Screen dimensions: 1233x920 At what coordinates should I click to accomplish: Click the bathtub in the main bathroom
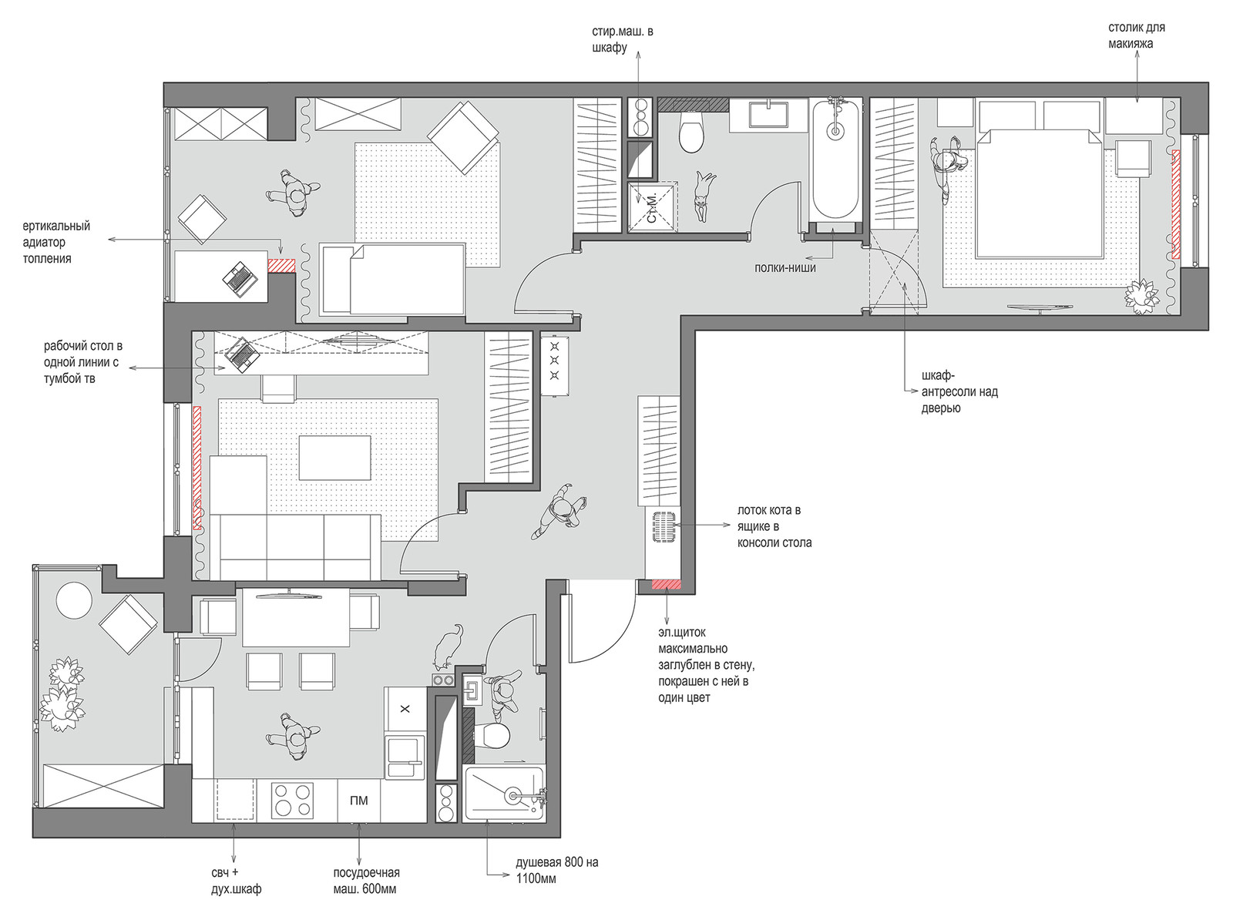835,159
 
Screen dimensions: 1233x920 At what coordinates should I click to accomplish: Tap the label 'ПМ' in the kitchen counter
359,801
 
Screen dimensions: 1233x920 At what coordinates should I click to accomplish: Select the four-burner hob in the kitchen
292,801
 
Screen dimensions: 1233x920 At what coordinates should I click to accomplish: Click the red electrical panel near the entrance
667,585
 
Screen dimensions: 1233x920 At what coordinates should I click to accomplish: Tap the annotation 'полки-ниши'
784,268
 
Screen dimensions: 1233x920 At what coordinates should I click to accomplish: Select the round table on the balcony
74,600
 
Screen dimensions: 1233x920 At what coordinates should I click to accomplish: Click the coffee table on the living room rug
334,458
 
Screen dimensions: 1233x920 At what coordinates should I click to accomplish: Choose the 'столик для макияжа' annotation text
1136,35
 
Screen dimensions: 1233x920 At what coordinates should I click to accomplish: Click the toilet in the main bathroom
690,132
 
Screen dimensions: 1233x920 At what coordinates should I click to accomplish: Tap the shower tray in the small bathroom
504,794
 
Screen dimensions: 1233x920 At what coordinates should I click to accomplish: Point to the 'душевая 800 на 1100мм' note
556,870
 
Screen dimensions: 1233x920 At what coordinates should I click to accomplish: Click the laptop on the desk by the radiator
240,279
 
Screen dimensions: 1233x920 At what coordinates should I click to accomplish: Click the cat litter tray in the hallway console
664,527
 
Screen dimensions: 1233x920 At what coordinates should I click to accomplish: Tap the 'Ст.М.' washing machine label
652,208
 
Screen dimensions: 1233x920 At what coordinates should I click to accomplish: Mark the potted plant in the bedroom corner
1141,296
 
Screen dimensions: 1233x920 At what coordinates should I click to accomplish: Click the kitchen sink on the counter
405,756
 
